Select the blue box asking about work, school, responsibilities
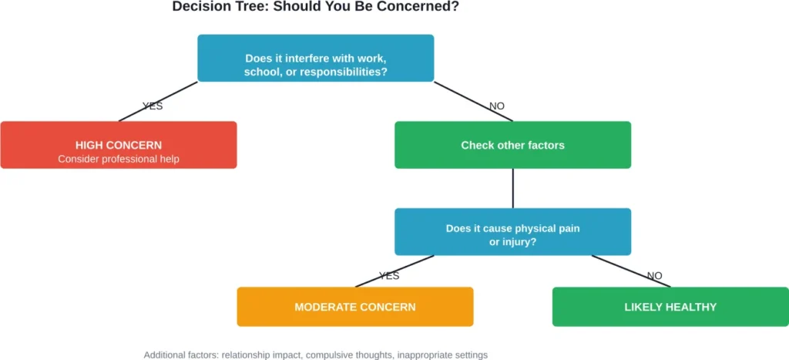(315, 58)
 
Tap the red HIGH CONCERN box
(118, 145)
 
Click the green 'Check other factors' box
(512, 145)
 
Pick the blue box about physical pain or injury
(512, 231)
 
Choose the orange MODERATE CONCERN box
(354, 307)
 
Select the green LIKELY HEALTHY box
(670, 307)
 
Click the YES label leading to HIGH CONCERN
(153, 106)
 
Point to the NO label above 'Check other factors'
(498, 106)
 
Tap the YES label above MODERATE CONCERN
(389, 275)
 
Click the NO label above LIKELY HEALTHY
(654, 275)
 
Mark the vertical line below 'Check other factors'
(512, 188)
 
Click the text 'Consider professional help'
(118, 159)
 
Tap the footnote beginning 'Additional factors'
(315, 355)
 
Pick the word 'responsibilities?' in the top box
(342, 72)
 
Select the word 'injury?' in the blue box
(522, 241)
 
